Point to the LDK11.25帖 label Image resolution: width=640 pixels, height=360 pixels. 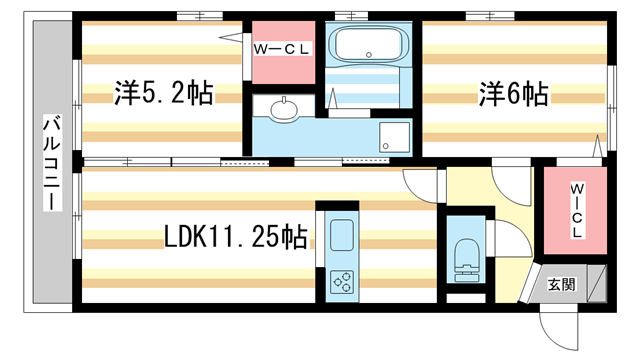[236, 237]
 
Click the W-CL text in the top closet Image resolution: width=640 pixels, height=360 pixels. [283, 47]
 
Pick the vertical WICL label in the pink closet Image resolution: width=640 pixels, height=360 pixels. [577, 211]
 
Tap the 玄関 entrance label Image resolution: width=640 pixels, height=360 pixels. [562, 284]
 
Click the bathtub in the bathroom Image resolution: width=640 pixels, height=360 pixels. [368, 44]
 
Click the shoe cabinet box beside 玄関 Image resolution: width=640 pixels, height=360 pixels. [598, 283]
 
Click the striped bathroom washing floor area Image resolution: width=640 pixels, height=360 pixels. [368, 88]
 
